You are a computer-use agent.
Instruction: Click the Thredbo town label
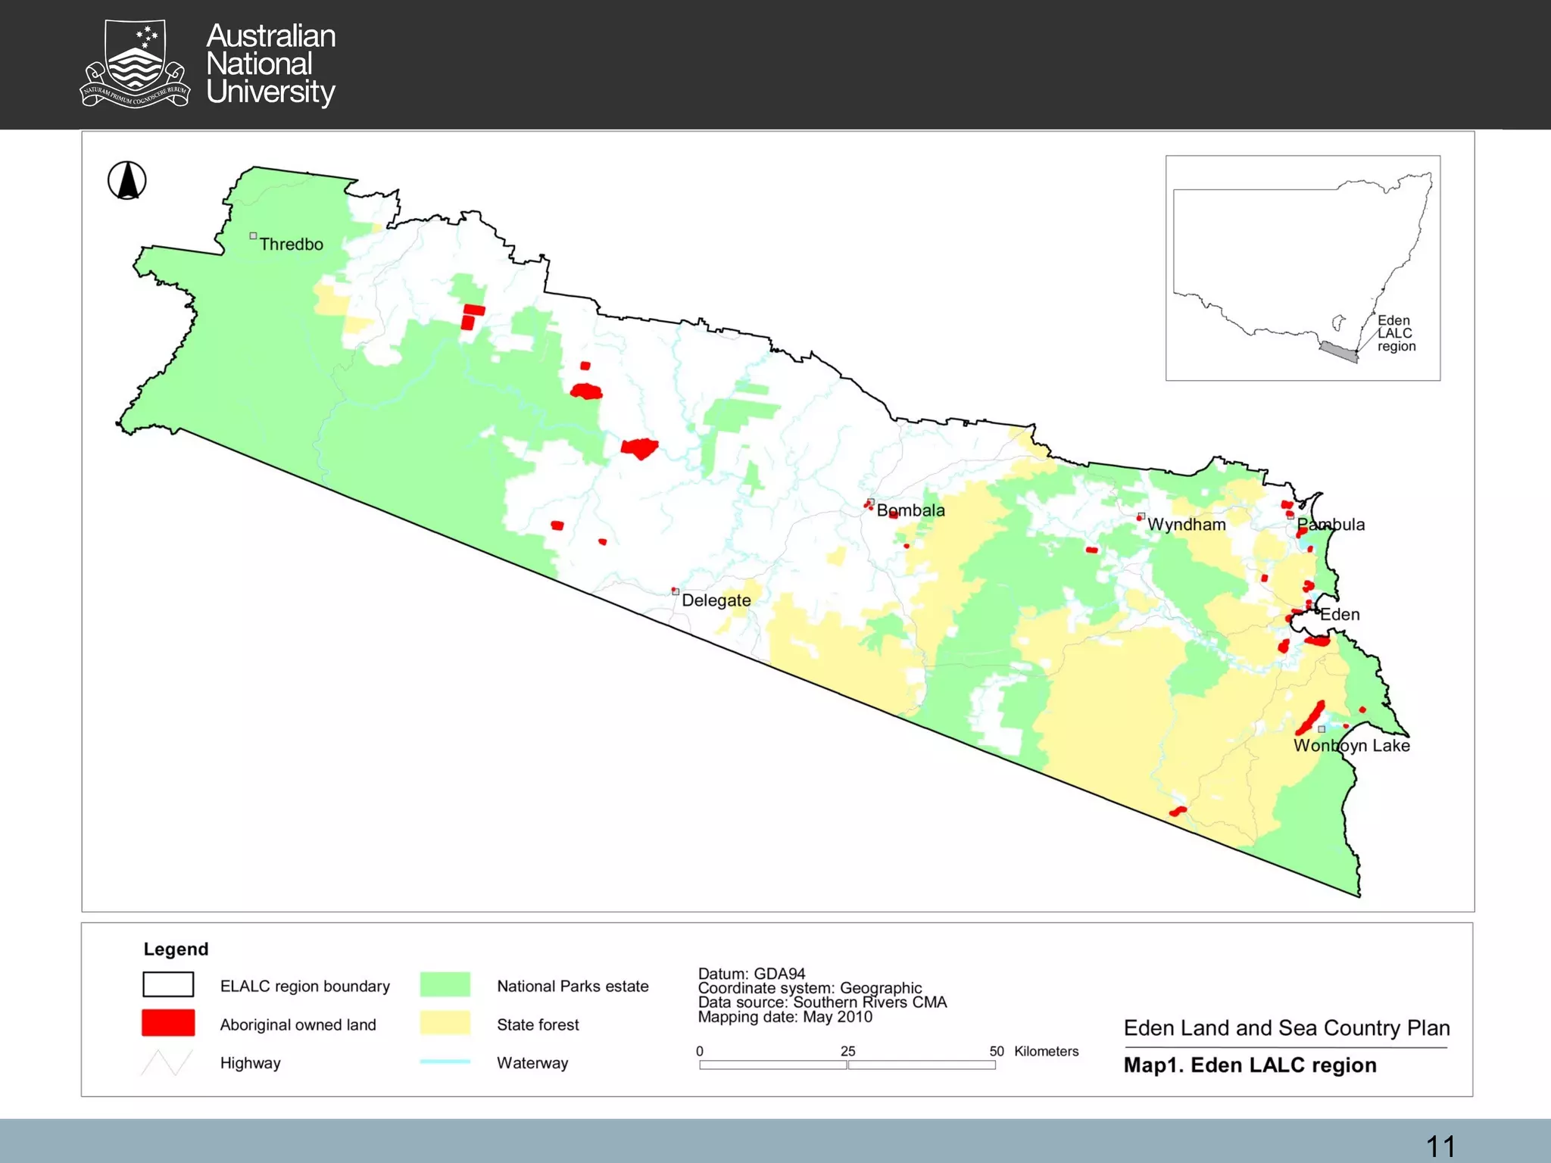(x=291, y=244)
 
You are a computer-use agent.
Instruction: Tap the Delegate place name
(x=716, y=600)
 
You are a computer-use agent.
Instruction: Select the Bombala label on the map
(x=910, y=510)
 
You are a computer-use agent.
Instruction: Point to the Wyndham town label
(x=1186, y=525)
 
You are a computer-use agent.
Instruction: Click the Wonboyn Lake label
(x=1351, y=746)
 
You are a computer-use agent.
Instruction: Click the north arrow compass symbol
(x=127, y=181)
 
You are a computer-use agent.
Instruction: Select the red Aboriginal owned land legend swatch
(x=168, y=1023)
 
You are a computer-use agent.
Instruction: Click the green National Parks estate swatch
(x=445, y=984)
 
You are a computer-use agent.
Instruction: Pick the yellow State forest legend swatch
(x=445, y=1023)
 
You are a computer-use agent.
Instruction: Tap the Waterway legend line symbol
(x=445, y=1062)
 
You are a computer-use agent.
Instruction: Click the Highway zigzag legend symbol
(x=167, y=1062)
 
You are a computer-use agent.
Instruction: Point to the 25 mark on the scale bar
(x=847, y=1052)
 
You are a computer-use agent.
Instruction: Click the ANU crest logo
(x=135, y=64)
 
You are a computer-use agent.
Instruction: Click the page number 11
(x=1440, y=1146)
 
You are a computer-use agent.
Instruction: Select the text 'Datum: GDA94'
(x=751, y=974)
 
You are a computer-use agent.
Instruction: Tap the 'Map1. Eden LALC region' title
(x=1250, y=1065)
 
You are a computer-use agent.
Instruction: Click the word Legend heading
(x=176, y=949)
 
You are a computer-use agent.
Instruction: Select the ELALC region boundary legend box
(x=168, y=984)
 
